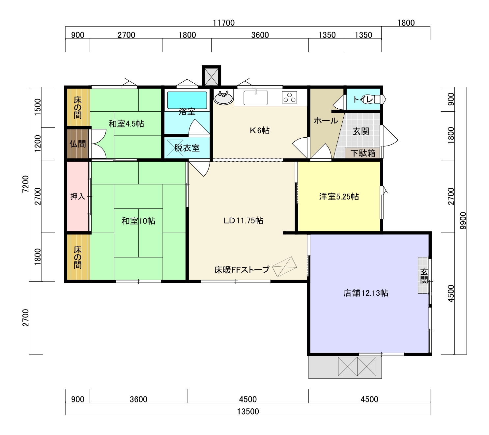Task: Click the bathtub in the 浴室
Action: tap(187, 100)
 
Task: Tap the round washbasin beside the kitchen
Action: tap(223, 98)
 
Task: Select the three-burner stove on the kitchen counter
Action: tap(289, 97)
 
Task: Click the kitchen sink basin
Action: tap(256, 98)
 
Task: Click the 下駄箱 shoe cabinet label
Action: tap(363, 153)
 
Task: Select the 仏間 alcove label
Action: tap(78, 144)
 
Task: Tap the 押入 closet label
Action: tap(78, 197)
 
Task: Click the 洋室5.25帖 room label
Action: tap(339, 197)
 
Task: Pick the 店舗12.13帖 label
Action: tap(366, 293)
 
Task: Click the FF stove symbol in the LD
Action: tap(284, 267)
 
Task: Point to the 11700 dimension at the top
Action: tap(223, 23)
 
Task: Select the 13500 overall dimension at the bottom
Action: tap(248, 411)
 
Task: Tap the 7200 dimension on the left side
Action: tap(26, 184)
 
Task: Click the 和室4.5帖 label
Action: tap(126, 124)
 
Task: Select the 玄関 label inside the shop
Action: tap(424, 276)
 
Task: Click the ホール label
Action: tap(326, 121)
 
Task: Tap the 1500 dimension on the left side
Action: tap(38, 107)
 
